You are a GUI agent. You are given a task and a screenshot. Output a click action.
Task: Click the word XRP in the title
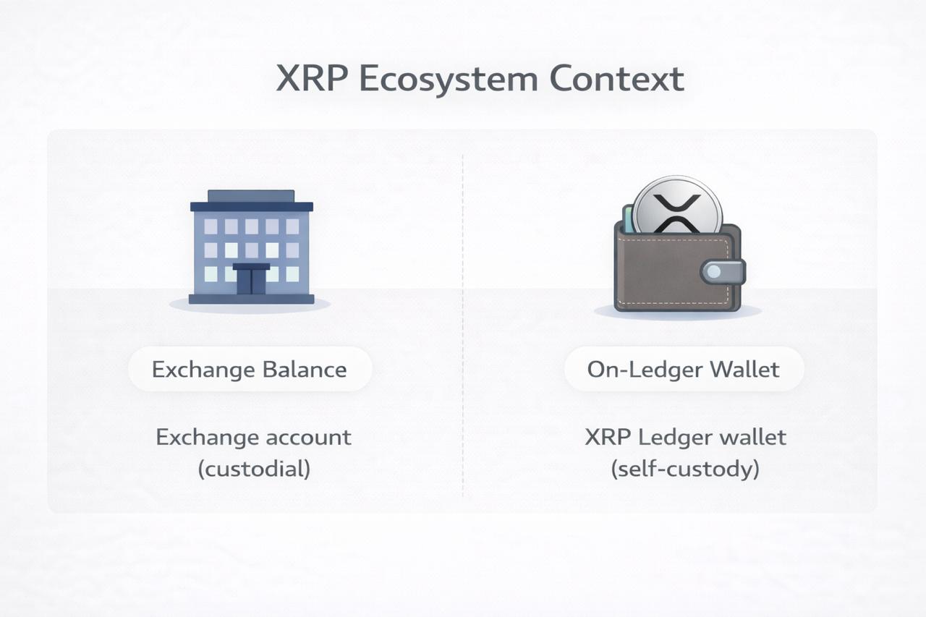(x=312, y=79)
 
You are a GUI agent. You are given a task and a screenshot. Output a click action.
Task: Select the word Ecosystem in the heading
(x=449, y=80)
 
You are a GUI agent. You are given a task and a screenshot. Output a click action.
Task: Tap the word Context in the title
(x=617, y=79)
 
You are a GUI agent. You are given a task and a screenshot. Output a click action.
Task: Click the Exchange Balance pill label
(x=250, y=369)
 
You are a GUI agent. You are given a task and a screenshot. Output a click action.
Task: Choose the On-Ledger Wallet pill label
(x=684, y=369)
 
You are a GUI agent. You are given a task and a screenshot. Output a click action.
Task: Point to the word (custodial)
(x=254, y=469)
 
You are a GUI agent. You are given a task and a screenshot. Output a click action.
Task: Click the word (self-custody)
(x=685, y=469)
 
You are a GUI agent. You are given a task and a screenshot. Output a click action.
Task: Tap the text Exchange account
(x=254, y=437)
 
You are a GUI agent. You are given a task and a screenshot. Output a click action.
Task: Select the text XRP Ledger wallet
(x=685, y=437)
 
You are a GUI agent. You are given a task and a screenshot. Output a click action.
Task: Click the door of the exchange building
(x=251, y=279)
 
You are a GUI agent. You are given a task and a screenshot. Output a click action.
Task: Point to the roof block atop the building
(x=251, y=196)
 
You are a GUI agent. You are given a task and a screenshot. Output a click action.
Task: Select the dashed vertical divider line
(x=462, y=325)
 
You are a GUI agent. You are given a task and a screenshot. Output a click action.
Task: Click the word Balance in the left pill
(x=305, y=369)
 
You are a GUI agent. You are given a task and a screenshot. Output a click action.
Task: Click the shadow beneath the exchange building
(x=250, y=306)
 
